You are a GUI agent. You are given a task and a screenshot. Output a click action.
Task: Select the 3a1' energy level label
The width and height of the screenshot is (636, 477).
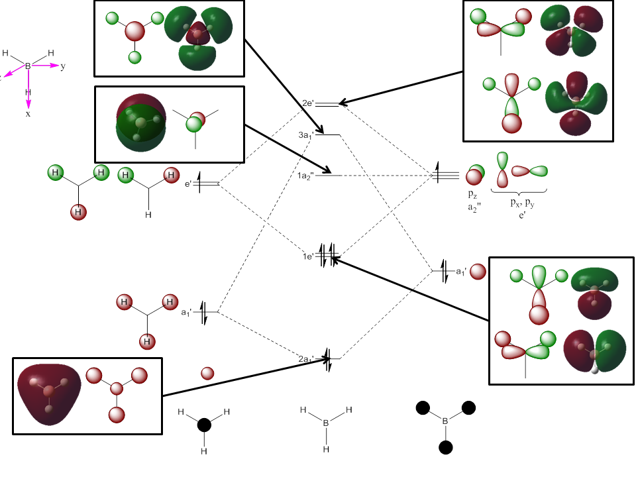click(305, 135)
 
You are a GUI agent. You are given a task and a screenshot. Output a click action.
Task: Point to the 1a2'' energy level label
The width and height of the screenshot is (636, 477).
click(305, 176)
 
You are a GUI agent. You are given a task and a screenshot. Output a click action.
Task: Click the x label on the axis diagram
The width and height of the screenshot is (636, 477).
click(28, 114)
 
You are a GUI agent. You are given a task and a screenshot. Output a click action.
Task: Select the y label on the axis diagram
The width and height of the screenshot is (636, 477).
click(63, 66)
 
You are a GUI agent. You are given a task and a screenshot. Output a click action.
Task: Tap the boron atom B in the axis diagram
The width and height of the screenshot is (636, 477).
click(28, 66)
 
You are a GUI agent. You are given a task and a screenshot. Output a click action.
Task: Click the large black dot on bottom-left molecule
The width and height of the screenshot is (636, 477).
click(204, 425)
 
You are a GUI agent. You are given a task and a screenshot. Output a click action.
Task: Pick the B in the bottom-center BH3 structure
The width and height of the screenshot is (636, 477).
click(325, 422)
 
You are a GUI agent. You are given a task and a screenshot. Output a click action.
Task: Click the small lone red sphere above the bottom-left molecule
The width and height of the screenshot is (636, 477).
click(207, 374)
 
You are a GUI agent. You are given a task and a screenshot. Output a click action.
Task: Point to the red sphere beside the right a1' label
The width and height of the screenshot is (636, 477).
click(478, 272)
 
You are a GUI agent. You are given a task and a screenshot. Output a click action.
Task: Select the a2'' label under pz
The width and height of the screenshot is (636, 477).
click(474, 207)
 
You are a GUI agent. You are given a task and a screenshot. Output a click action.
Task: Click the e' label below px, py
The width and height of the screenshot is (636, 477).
click(522, 216)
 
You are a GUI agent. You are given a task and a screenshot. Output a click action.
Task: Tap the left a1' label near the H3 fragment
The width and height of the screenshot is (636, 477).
click(187, 311)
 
